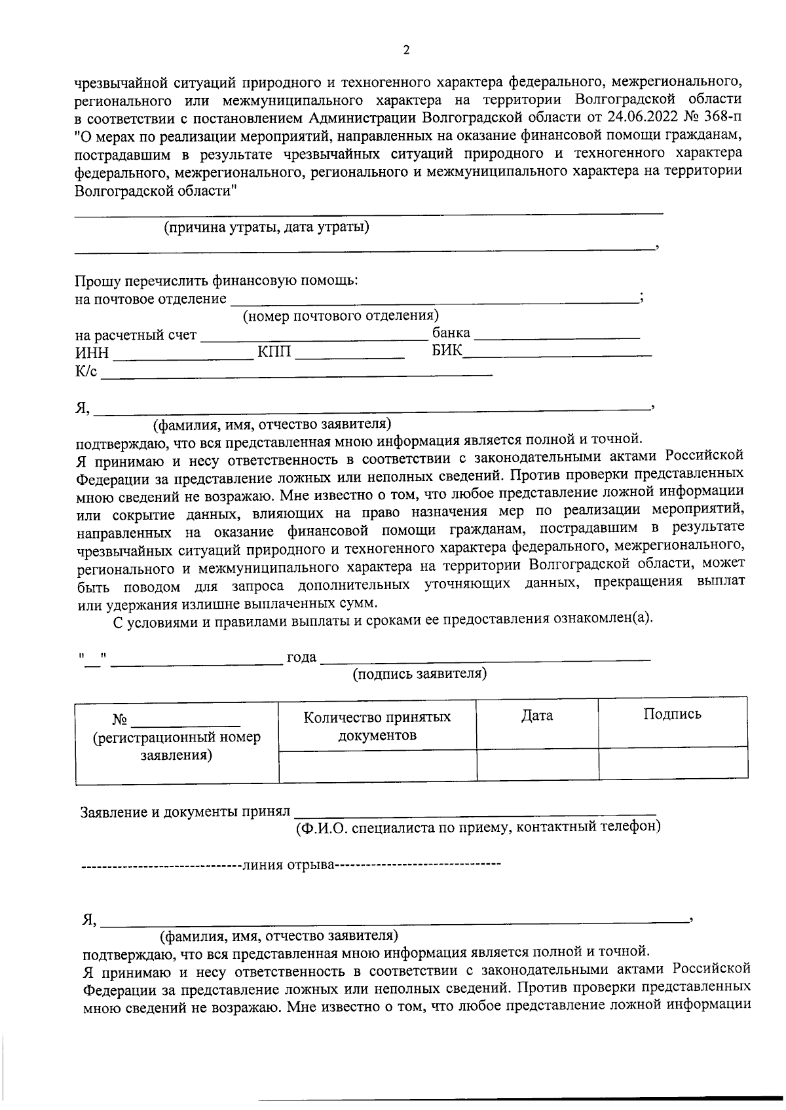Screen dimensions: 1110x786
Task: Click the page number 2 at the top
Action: click(x=406, y=50)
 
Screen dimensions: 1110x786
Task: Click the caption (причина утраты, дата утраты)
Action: click(x=266, y=227)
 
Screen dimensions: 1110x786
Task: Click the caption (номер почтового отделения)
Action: click(x=341, y=316)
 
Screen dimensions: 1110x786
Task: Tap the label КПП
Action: click(x=273, y=353)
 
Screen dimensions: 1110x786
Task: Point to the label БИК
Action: click(x=447, y=351)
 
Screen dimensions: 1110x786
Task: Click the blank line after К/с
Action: click(x=295, y=373)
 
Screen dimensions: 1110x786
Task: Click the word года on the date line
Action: click(x=301, y=657)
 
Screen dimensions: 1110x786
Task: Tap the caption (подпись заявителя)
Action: click(x=420, y=673)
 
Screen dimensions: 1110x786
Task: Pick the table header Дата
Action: click(x=537, y=716)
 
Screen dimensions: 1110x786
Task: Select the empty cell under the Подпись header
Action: click(x=673, y=763)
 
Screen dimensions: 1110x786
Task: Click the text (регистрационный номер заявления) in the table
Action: click(x=177, y=746)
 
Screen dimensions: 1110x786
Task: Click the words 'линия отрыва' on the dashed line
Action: click(x=289, y=865)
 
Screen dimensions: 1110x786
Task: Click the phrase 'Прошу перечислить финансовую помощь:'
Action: click(x=216, y=281)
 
